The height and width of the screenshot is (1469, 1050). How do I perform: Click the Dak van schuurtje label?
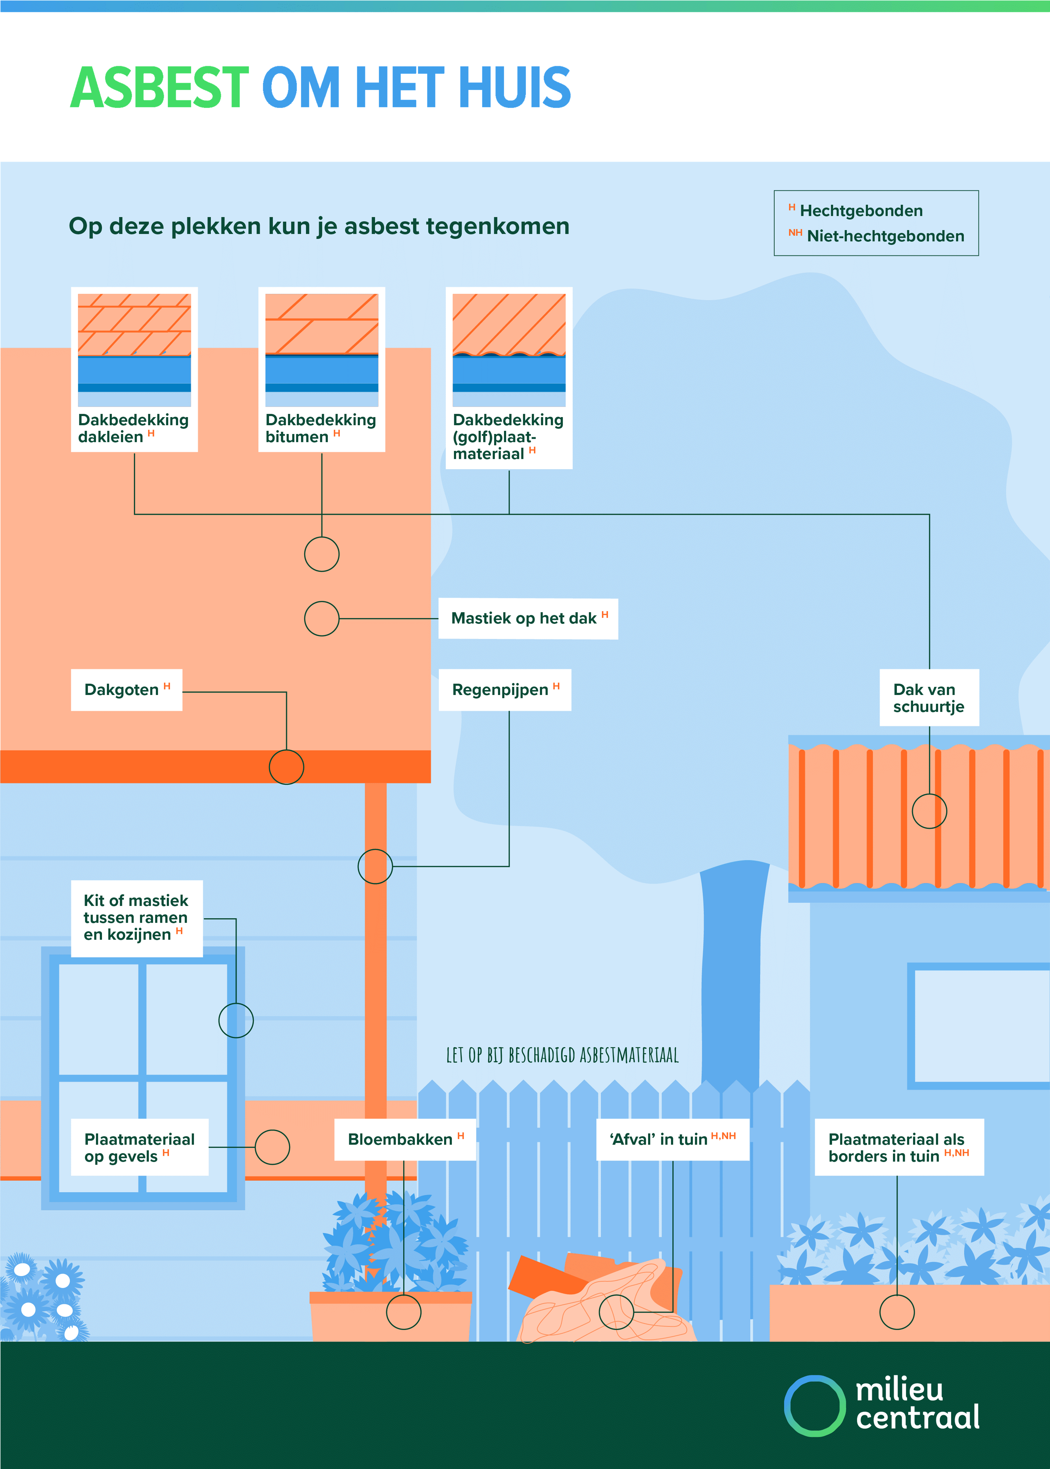pyautogui.click(x=929, y=698)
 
